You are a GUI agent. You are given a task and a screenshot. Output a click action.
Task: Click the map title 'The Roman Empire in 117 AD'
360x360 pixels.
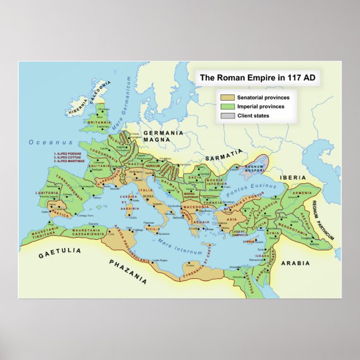point(257,78)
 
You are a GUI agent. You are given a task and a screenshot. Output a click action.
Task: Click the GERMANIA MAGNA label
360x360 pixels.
point(163,136)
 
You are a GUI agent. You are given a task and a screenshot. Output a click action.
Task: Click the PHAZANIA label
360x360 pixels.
point(128,272)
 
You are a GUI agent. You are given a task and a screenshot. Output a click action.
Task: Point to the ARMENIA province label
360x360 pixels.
point(302,193)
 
